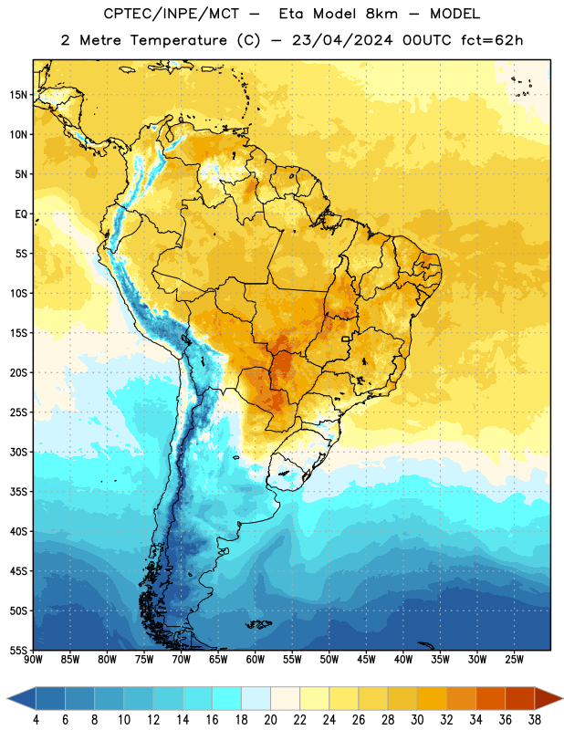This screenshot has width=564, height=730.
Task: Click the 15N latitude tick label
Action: pos(17,95)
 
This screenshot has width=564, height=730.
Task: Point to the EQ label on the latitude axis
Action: pos(21,214)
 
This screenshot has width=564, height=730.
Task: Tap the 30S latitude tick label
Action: pos(17,452)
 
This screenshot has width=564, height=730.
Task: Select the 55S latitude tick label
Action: pos(17,651)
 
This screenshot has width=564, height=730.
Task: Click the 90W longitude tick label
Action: pos(33,660)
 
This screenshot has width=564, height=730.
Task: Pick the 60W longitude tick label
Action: pos(256,660)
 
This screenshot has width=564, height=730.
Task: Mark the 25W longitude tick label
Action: pos(514,660)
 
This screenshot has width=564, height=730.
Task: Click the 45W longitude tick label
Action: pos(366,660)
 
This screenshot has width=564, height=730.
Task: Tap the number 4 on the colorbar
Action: pos(36,720)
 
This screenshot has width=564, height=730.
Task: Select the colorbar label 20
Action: pos(270,720)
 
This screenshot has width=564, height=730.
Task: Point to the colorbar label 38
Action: pos(535,720)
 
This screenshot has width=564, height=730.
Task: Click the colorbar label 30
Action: pos(417,720)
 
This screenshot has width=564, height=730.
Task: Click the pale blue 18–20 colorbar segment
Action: pos(256,698)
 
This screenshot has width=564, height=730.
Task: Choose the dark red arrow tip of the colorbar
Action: pos(549,698)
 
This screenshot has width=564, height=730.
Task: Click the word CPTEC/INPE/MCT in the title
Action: pos(171,14)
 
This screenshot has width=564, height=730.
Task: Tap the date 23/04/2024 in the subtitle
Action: pos(342,40)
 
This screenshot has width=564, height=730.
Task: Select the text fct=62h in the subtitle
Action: pos(492,40)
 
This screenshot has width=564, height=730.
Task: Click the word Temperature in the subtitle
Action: pos(178,40)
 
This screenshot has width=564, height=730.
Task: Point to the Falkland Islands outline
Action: pos(259,624)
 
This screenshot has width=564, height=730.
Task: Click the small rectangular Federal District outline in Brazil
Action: pos(346,339)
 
